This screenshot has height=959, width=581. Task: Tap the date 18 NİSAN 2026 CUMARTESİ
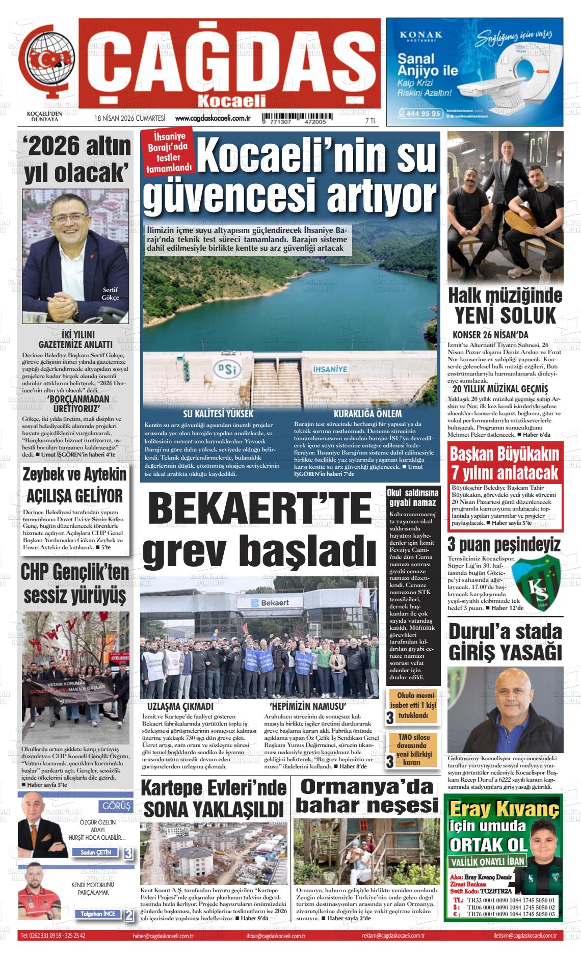pos(129,119)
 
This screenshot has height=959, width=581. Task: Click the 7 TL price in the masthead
pos(371,120)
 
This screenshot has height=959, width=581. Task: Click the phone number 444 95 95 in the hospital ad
pos(420,113)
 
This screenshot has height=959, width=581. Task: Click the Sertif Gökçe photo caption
pos(110,294)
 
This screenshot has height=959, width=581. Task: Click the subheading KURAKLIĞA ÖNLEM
pos(367,413)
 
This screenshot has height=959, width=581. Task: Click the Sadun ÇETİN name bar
pos(95,852)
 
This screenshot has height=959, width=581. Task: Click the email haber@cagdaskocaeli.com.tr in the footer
pos(163,936)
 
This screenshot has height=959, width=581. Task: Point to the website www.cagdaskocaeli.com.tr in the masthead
pos(212,119)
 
